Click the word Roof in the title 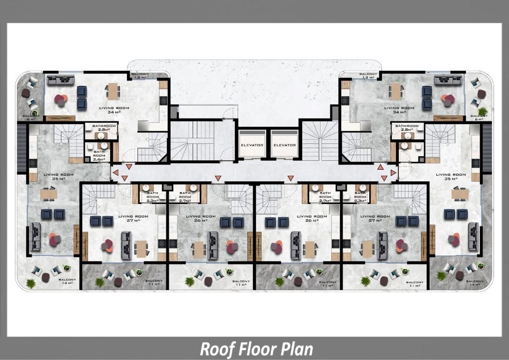[214, 349]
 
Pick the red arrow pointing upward [381, 167]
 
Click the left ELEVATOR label [252, 145]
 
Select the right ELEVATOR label [284, 145]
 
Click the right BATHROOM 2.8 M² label [407, 128]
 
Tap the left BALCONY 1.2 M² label [140, 75]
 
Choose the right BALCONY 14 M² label [473, 283]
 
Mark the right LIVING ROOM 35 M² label [451, 177]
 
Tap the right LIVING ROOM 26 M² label [312, 218]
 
